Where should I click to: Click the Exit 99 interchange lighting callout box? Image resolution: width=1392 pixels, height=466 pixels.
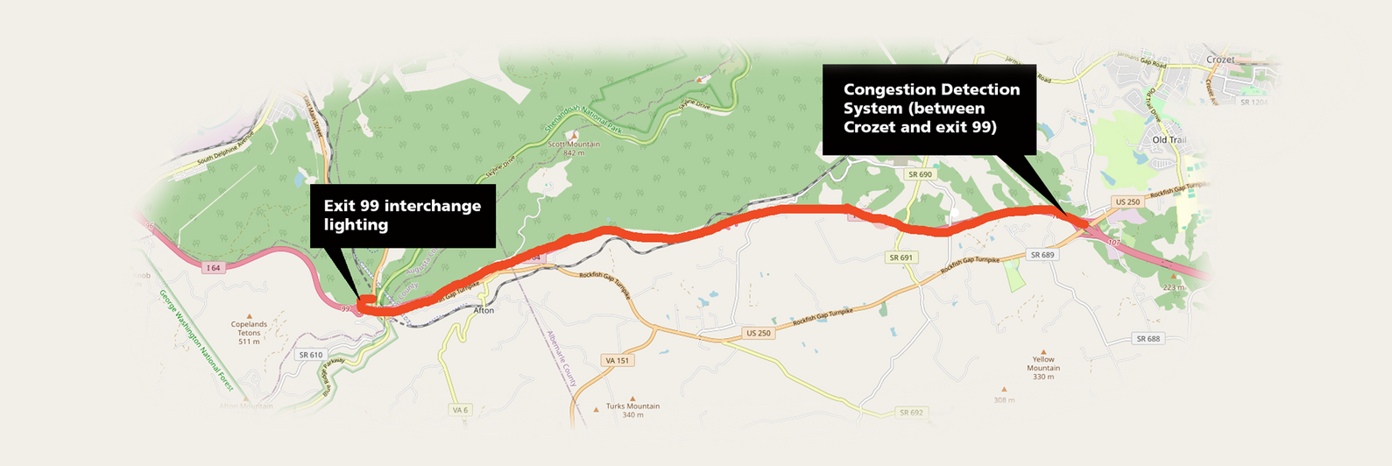[403, 215]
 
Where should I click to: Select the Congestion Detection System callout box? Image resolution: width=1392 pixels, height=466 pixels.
[929, 109]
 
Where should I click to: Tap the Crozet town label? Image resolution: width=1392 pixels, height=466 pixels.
[1219, 60]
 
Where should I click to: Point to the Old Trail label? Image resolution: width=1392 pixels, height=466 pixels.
[1169, 140]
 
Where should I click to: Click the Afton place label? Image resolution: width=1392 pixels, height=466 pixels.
[484, 310]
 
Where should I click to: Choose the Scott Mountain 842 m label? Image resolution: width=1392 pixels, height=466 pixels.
[574, 148]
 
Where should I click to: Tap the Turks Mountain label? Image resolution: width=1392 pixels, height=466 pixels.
[632, 410]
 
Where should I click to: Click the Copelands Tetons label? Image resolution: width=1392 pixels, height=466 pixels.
[249, 332]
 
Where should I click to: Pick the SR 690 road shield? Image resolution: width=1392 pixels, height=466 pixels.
[920, 174]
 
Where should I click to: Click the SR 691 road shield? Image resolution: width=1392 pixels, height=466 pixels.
[901, 258]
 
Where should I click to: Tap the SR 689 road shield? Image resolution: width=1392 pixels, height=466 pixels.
[1042, 255]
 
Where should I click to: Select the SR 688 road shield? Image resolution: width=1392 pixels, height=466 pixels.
[1148, 338]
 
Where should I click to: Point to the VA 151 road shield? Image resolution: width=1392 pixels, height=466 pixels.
[617, 360]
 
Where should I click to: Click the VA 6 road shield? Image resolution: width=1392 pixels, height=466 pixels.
[460, 410]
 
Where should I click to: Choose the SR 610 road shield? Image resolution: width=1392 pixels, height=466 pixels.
[310, 355]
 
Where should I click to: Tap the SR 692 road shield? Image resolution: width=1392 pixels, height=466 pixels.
[911, 413]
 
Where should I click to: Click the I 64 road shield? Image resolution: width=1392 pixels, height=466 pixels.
[214, 268]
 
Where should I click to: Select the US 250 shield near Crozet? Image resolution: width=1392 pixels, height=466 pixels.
[1127, 202]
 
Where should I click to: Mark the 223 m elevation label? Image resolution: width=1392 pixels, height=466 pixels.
[1174, 286]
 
